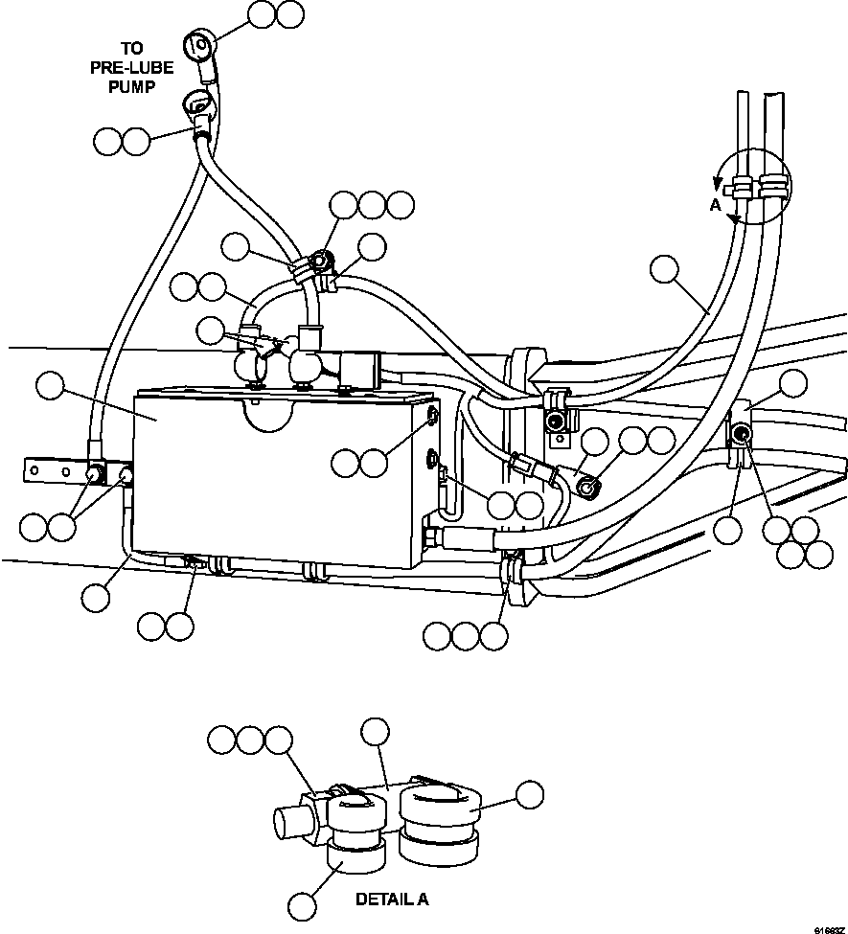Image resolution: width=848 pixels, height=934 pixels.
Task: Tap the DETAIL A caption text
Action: tap(392, 900)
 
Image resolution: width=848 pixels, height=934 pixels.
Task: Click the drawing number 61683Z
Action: tap(828, 928)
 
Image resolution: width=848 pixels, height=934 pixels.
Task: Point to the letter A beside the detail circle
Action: tap(715, 204)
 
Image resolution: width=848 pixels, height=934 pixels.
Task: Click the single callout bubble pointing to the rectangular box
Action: tap(51, 388)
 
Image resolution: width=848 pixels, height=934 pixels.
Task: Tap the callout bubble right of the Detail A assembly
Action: tap(528, 794)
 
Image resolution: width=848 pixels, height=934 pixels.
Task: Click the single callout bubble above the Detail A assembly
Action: tap(374, 732)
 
